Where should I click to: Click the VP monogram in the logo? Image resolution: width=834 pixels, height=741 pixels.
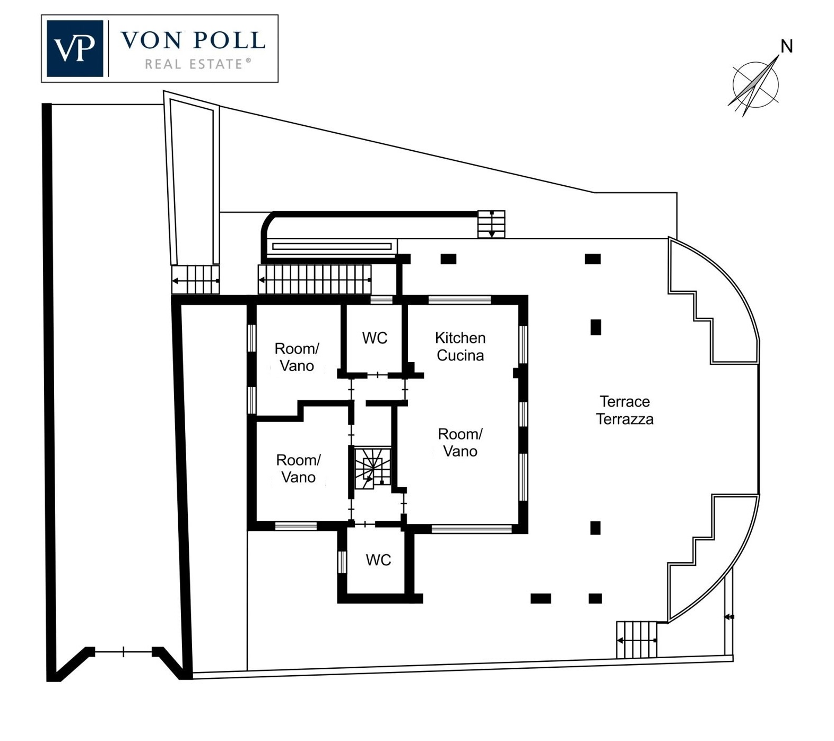[74, 48]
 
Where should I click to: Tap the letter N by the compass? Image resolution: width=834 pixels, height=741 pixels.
[786, 47]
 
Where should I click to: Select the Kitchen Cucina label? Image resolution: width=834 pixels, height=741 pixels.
[460, 347]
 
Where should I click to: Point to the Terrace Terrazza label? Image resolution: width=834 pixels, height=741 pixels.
[624, 410]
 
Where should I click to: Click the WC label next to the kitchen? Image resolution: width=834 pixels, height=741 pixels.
[375, 338]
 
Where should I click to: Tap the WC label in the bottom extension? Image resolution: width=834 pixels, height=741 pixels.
[378, 560]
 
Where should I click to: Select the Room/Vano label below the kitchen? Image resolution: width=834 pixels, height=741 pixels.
[460, 443]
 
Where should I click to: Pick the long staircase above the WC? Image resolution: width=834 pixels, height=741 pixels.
[314, 279]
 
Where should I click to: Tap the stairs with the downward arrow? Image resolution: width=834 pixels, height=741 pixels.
[491, 224]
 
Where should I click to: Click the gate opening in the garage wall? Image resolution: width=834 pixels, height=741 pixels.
[123, 651]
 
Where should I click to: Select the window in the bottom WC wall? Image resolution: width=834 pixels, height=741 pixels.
[342, 562]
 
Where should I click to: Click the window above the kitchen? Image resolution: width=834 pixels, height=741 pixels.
[459, 300]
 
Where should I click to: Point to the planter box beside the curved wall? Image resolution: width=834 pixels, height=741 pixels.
[332, 246]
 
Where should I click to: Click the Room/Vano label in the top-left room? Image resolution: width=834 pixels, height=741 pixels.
[297, 357]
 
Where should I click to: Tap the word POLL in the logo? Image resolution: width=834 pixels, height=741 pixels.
[229, 40]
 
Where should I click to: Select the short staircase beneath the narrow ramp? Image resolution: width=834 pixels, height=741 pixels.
[195, 280]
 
